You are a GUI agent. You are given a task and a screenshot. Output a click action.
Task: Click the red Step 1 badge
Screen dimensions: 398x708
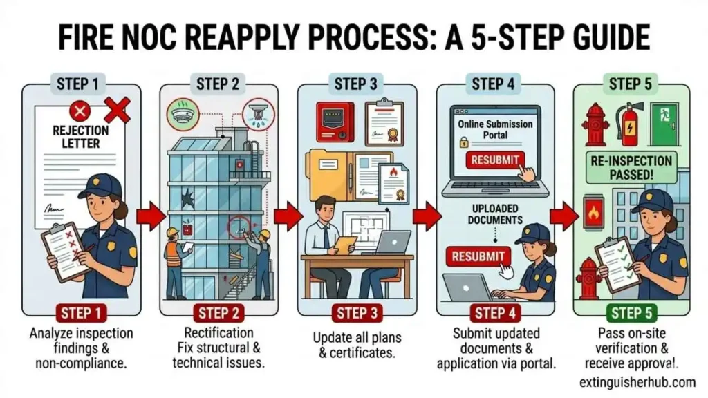tap(80, 313)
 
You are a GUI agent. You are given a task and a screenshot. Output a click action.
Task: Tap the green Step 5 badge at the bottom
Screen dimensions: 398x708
tap(630, 313)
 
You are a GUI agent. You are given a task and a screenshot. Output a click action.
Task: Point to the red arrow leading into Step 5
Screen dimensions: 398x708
tap(565, 217)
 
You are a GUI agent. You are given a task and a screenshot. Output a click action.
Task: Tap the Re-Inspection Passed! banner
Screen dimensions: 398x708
tap(630, 167)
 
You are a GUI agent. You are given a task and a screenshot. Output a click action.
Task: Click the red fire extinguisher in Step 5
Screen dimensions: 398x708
tap(631, 124)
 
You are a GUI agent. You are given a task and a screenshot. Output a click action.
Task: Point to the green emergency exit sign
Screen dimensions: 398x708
tap(668, 113)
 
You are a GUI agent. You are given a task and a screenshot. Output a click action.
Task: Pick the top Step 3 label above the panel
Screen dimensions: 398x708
tap(355, 84)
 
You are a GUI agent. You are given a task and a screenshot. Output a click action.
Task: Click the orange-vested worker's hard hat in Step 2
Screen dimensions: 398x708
tap(172, 231)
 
